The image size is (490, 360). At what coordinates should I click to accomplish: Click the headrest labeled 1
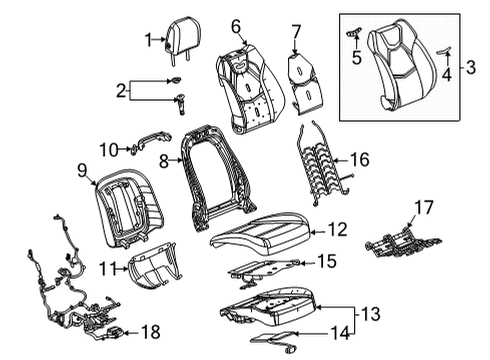tap(177, 40)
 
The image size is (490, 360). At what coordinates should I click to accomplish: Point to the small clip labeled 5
tap(355, 35)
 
